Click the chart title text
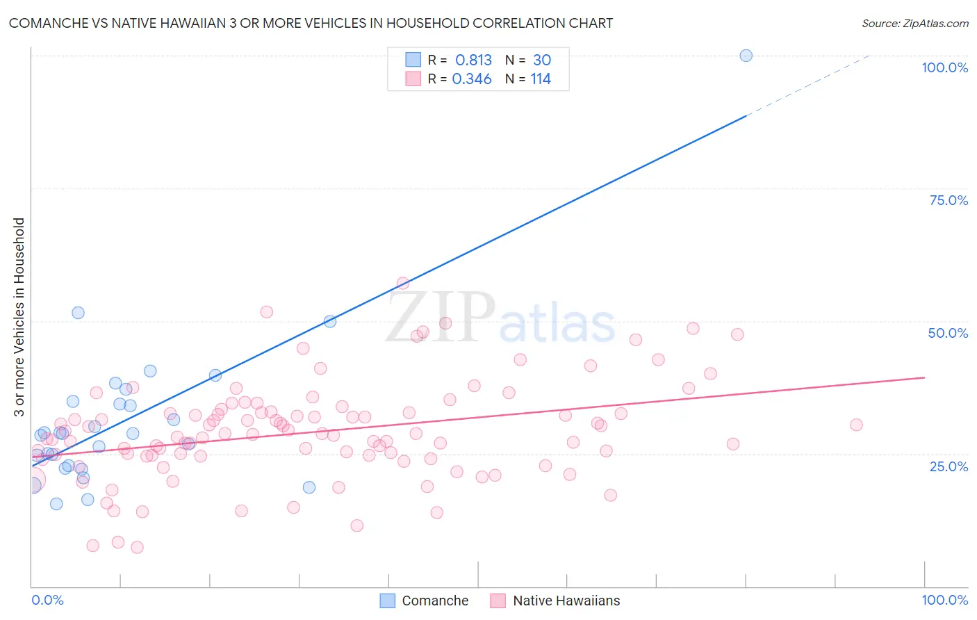pyautogui.click(x=311, y=23)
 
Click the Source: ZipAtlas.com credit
pyautogui.click(x=914, y=23)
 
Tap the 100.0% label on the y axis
pyautogui.click(x=944, y=67)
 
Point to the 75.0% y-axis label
pyautogui.click(x=949, y=200)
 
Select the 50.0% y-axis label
pyautogui.click(x=948, y=333)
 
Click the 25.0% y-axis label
pyautogui.click(x=949, y=466)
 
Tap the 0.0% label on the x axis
pyautogui.click(x=47, y=600)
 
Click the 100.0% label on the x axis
pyautogui.click(x=944, y=600)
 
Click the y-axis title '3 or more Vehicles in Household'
pyautogui.click(x=19, y=317)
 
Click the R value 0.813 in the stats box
pyautogui.click(x=473, y=60)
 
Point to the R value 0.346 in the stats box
pyautogui.click(x=472, y=79)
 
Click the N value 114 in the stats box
pyautogui.click(x=541, y=79)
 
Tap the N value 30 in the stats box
pyautogui.click(x=542, y=60)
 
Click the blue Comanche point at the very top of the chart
pyautogui.click(x=746, y=56)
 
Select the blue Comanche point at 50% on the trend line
pyautogui.click(x=330, y=321)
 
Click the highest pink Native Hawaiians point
pyautogui.click(x=403, y=283)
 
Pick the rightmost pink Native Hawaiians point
pyautogui.click(x=856, y=425)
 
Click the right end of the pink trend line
pyautogui.click(x=924, y=377)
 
